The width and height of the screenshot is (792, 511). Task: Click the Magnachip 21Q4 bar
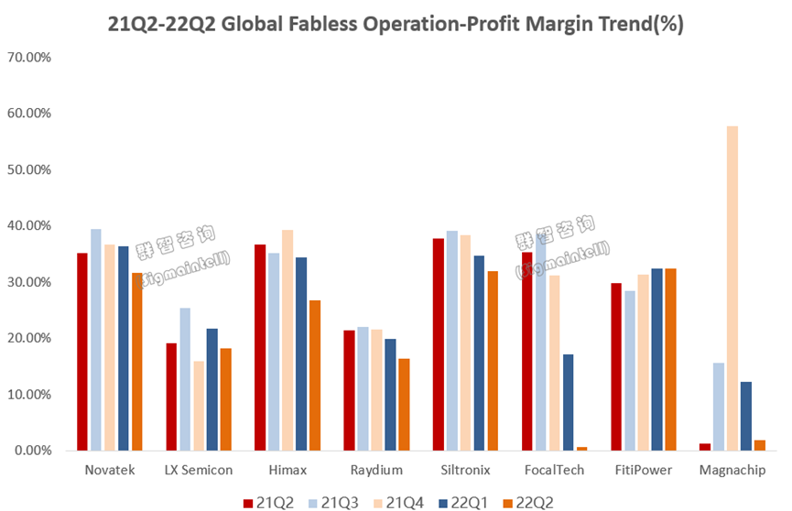[x=732, y=288]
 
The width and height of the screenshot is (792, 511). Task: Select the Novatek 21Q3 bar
[x=96, y=340]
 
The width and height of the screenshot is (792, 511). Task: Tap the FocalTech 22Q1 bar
[x=568, y=402]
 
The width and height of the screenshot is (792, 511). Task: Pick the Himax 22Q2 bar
[x=315, y=375]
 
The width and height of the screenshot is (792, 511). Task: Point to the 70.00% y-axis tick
[x=30, y=57]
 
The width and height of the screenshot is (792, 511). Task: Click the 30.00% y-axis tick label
[x=30, y=282]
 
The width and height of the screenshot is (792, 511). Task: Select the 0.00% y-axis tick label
[x=33, y=451]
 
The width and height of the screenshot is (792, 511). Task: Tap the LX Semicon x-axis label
[x=198, y=470]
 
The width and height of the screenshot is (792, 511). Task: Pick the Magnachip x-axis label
[x=732, y=470]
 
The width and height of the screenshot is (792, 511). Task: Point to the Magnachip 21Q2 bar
[x=705, y=447]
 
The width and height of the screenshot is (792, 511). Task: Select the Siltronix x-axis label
[x=464, y=470]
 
